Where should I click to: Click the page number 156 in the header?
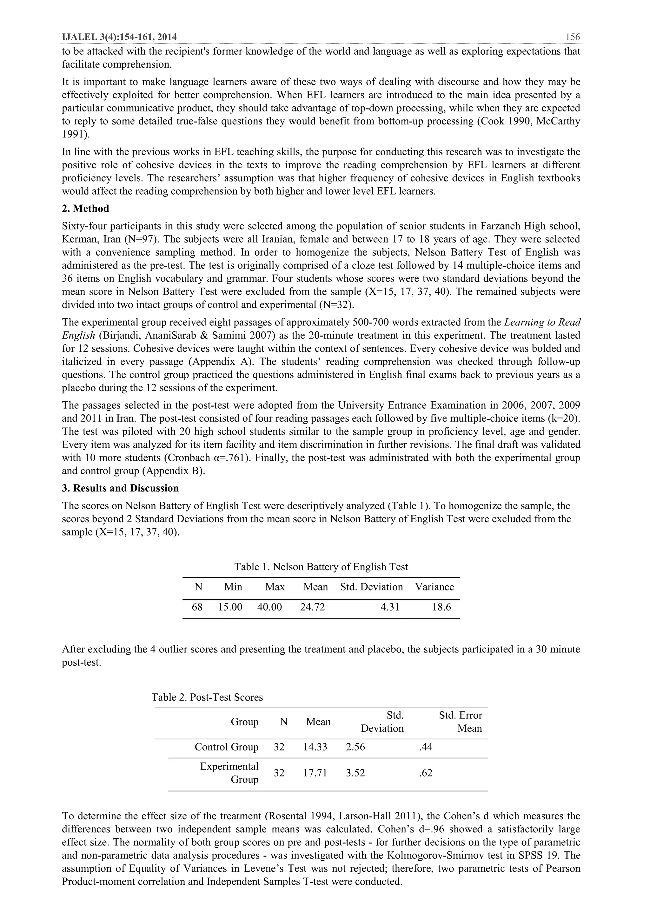572,37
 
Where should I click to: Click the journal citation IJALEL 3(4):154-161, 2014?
119,37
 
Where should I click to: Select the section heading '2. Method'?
85,209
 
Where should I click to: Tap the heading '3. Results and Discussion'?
120,488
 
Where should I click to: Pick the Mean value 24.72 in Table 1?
312,607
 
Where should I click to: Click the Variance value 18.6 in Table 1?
441,607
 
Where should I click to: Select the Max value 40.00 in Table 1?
269,607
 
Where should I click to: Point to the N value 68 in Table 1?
197,607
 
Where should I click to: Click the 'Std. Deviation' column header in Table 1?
371,587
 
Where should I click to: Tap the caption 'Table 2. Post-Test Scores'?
207,697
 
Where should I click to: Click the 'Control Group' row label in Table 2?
226,747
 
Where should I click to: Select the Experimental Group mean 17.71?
315,773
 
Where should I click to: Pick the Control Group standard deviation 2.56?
355,747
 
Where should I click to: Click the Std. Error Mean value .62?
426,773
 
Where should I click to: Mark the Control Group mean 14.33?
315,747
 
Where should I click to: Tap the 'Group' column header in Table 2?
244,722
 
